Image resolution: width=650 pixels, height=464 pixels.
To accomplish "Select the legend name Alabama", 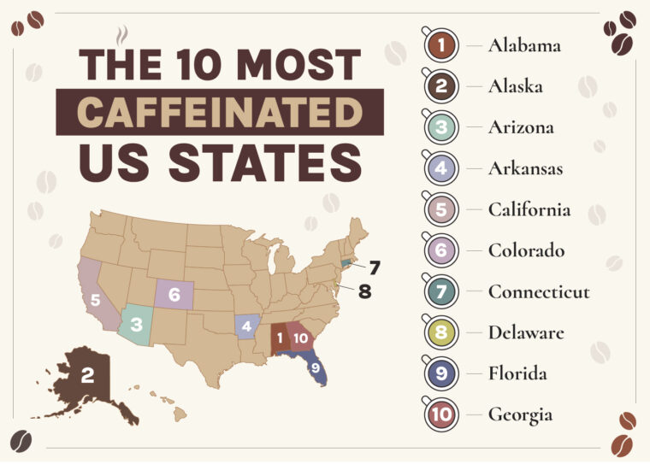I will click(524, 45).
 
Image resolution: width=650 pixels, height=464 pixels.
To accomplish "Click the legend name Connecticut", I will click(539, 291).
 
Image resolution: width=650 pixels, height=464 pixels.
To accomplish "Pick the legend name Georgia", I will click(520, 414).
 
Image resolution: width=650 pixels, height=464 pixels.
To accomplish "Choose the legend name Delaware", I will click(526, 332).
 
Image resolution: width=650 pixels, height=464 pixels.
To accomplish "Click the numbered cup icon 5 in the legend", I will click(441, 209).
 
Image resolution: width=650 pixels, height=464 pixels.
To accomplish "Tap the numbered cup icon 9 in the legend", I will click(441, 373).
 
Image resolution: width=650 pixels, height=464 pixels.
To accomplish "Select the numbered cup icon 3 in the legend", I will click(441, 127).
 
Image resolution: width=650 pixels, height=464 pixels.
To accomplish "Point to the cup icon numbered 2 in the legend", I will click(441, 86).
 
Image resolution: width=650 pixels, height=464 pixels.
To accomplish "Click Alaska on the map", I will click(86, 376).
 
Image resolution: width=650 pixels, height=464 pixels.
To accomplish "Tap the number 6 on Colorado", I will click(174, 295).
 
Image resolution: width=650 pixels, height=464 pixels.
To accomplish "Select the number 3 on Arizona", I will click(136, 325).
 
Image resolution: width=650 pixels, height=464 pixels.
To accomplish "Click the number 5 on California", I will click(96, 300).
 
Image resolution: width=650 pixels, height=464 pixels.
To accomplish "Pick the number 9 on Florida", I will click(315, 367).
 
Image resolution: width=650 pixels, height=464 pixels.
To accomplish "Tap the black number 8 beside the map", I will click(365, 292).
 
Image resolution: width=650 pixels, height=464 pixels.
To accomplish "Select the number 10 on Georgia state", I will click(300, 338).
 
